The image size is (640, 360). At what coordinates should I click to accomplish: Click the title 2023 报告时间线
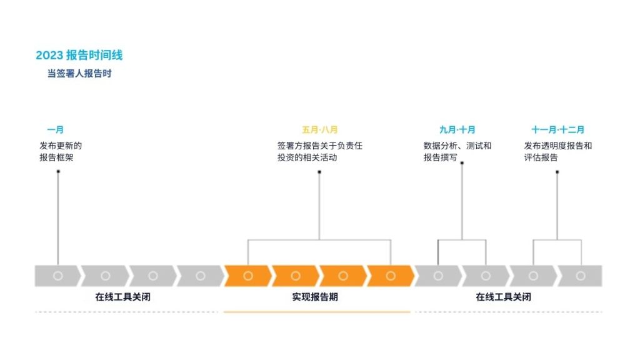click(x=79, y=55)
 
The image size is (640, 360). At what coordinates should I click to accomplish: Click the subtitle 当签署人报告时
click(x=79, y=73)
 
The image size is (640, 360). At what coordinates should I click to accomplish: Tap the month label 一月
click(x=55, y=130)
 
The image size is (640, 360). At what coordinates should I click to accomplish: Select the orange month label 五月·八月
click(x=319, y=130)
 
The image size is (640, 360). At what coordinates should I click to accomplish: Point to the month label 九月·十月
click(x=457, y=130)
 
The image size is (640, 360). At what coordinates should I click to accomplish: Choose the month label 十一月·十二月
click(x=557, y=130)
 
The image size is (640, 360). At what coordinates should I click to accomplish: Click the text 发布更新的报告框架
click(x=61, y=151)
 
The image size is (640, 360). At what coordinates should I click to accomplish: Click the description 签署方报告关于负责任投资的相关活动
click(x=319, y=151)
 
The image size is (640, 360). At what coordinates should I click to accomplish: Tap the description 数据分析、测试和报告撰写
click(x=457, y=151)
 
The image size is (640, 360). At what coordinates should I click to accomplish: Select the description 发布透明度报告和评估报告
click(x=557, y=151)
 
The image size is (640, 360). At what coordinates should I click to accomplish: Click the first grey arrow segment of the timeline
click(x=57, y=276)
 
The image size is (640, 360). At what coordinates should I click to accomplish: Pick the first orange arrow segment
click(x=247, y=276)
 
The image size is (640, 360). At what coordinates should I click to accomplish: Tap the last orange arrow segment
click(x=390, y=276)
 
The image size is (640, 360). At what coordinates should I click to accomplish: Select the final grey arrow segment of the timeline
click(x=581, y=276)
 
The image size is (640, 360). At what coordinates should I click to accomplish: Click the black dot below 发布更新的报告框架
click(x=58, y=171)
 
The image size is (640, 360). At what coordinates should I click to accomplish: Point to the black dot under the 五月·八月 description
click(x=319, y=171)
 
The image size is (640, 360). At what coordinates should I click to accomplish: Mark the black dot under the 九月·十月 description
click(x=462, y=163)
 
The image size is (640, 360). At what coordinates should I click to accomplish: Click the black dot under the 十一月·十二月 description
click(x=557, y=171)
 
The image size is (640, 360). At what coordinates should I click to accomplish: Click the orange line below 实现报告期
click(x=317, y=311)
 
